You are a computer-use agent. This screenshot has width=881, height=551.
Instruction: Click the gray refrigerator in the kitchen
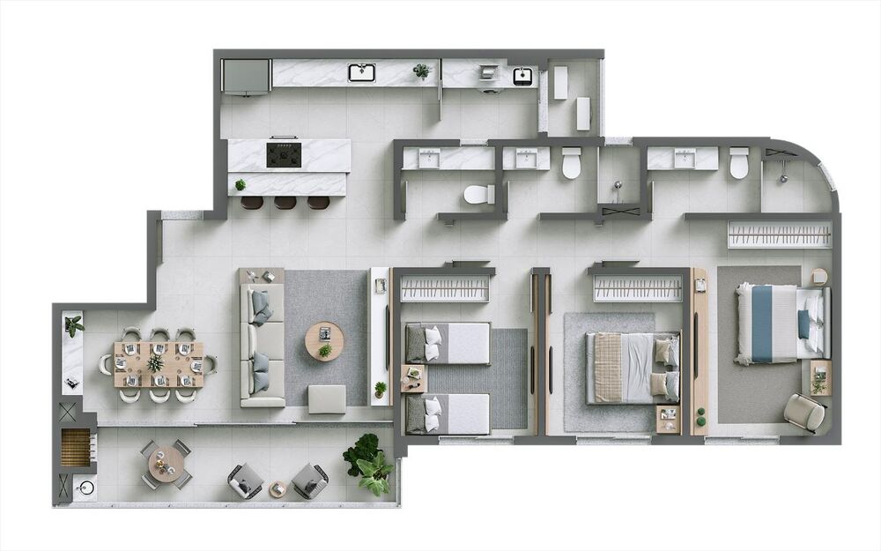[x=245, y=76]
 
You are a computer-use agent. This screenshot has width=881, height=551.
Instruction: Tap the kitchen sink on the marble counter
[x=361, y=72]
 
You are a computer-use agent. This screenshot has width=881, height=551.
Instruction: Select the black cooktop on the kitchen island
[x=284, y=154]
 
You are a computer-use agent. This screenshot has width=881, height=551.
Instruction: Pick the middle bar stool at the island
[x=285, y=203]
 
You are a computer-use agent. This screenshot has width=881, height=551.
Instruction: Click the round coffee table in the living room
[x=325, y=341]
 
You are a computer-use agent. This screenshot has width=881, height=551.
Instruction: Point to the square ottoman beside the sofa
[x=327, y=398]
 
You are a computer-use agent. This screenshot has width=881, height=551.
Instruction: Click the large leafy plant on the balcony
[x=368, y=463]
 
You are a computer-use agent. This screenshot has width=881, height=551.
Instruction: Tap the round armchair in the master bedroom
[x=804, y=412]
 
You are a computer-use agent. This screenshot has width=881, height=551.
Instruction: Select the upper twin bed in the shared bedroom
[x=448, y=342]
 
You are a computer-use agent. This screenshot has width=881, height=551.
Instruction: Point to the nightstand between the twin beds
[x=413, y=377]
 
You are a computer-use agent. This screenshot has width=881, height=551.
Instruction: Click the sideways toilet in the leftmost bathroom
[x=479, y=194]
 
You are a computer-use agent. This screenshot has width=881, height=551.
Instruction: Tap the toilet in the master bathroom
[x=738, y=162]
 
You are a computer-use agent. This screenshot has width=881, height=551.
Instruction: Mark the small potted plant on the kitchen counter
[x=422, y=71]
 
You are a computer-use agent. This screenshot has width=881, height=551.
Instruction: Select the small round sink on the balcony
[x=85, y=487]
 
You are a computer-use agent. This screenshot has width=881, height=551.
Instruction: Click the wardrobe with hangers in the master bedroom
[x=779, y=235]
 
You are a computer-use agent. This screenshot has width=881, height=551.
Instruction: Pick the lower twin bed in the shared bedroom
[x=448, y=413]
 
